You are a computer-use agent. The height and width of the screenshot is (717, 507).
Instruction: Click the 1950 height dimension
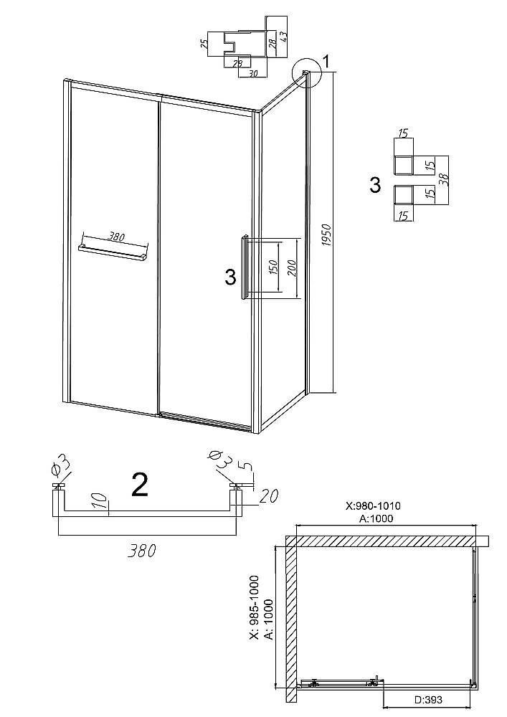click(x=326, y=235)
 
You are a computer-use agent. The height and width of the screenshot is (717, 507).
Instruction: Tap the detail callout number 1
click(x=326, y=60)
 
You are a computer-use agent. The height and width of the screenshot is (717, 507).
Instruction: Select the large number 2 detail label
click(x=139, y=485)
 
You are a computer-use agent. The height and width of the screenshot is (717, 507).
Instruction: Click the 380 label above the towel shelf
click(x=116, y=237)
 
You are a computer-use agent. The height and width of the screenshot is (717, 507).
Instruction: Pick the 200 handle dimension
click(x=292, y=268)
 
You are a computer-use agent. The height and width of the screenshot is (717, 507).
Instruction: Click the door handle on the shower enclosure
click(x=245, y=267)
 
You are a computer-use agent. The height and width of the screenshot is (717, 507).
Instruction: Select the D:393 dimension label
click(x=428, y=700)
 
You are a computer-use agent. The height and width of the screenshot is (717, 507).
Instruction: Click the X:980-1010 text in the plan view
click(x=373, y=505)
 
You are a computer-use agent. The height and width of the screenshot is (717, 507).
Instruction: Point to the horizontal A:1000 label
click(x=376, y=518)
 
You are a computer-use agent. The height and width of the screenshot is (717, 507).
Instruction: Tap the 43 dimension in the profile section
click(x=283, y=37)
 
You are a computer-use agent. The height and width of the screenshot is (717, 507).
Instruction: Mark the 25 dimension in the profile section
click(x=204, y=44)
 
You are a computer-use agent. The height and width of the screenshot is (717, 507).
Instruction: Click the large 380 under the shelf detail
click(x=141, y=551)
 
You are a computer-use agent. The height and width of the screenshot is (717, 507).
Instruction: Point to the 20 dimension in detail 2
click(x=269, y=496)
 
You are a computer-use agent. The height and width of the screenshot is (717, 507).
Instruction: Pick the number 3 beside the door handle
click(x=230, y=277)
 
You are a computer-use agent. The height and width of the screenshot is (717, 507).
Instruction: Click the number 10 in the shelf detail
click(x=103, y=501)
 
